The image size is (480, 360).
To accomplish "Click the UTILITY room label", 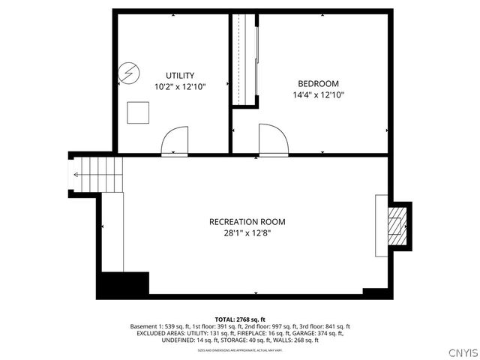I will [180, 75].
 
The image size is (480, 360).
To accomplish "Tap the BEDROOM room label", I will [318, 83].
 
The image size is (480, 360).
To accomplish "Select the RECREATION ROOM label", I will [247, 221].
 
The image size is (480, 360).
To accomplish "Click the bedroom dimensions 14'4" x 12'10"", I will [318, 95].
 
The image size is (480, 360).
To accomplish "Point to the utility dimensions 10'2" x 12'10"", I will [180, 87].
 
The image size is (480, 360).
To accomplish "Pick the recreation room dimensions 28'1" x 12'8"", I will [247, 233].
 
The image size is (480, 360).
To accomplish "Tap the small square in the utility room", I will [137, 112].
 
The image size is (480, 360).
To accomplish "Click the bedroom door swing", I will [272, 140].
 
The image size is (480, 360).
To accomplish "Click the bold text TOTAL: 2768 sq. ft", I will [240, 319].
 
